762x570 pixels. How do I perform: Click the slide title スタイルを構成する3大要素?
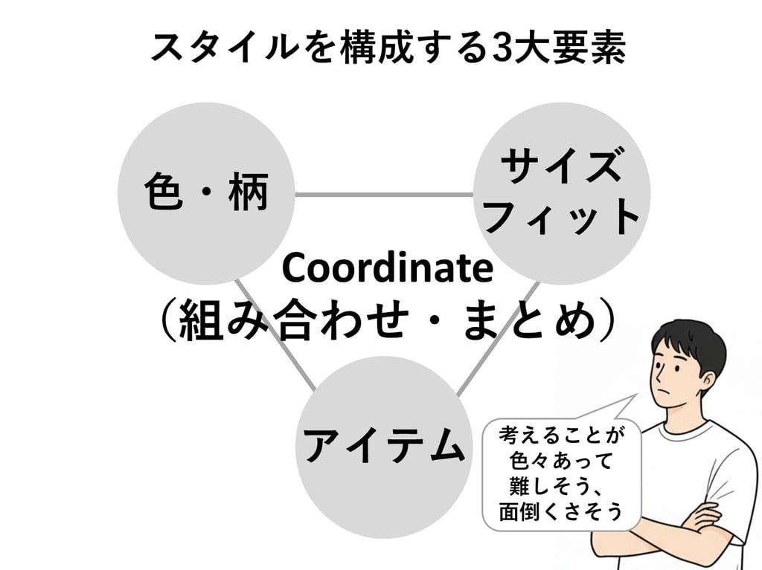pyautogui.click(x=388, y=48)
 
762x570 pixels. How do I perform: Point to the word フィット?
pyautogui.click(x=563, y=218)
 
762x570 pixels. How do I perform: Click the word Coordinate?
pyautogui.click(x=388, y=269)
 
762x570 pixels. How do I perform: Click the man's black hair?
pyautogui.click(x=688, y=338)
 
